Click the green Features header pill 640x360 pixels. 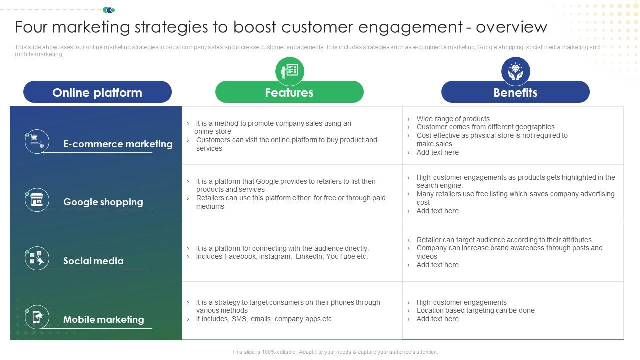click(x=289, y=92)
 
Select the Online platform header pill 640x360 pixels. click(x=97, y=92)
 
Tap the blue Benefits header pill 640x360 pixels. click(x=515, y=92)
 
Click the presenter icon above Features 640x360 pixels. click(x=289, y=71)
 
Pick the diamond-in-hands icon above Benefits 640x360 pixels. click(x=515, y=71)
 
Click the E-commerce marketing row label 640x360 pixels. click(x=118, y=144)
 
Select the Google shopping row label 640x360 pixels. click(x=103, y=202)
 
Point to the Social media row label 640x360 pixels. click(x=93, y=261)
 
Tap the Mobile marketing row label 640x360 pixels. click(x=103, y=319)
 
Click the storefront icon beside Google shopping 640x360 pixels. click(x=37, y=200)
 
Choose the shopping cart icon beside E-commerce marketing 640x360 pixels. click(x=37, y=141)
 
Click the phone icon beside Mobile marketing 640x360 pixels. click(x=37, y=317)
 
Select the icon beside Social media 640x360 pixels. click(x=37, y=258)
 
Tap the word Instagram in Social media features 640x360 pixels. click(x=275, y=256)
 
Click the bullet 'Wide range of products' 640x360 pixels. click(x=453, y=119)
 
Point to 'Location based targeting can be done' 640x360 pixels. click(x=475, y=310)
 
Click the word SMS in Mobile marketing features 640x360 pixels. click(x=239, y=319)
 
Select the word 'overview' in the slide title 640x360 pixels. click(x=511, y=27)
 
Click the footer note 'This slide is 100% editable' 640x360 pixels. click(x=335, y=352)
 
